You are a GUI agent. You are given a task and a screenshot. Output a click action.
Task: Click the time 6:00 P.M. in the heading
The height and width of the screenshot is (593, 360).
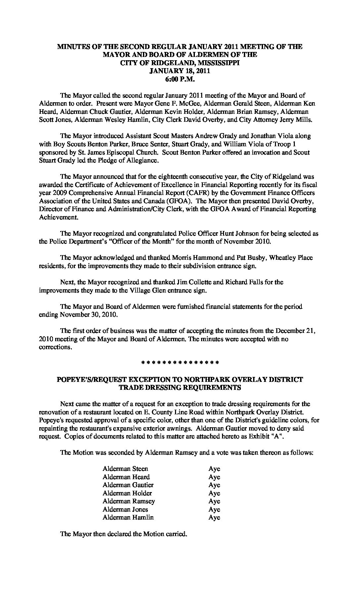coord(180,79)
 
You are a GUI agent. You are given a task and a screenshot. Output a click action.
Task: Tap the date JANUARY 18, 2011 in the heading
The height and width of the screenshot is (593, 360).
coord(180,71)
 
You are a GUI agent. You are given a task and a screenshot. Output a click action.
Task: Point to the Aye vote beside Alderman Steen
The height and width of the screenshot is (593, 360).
coord(214,469)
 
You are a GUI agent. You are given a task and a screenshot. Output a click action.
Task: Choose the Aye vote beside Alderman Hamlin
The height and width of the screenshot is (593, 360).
coord(214,518)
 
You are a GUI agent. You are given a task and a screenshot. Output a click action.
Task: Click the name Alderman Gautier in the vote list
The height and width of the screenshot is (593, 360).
coord(128,485)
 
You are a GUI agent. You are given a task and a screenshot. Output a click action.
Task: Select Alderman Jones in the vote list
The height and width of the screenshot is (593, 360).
coord(125,509)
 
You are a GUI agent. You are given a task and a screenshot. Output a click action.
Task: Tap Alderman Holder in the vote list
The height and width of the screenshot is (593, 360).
coord(127,493)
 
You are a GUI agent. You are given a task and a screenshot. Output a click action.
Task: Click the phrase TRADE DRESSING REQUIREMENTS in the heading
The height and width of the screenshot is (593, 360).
coord(180,388)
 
